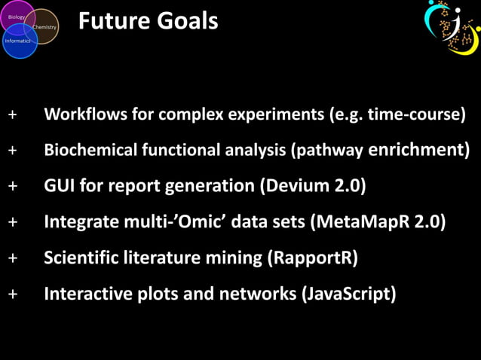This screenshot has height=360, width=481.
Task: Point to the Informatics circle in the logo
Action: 17,42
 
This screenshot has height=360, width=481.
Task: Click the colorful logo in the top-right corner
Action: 452,27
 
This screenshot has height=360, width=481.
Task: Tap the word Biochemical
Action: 91,150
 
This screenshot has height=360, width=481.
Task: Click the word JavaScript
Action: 348,294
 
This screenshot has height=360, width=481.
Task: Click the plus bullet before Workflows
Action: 12,115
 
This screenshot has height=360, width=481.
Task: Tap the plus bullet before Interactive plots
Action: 12,294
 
